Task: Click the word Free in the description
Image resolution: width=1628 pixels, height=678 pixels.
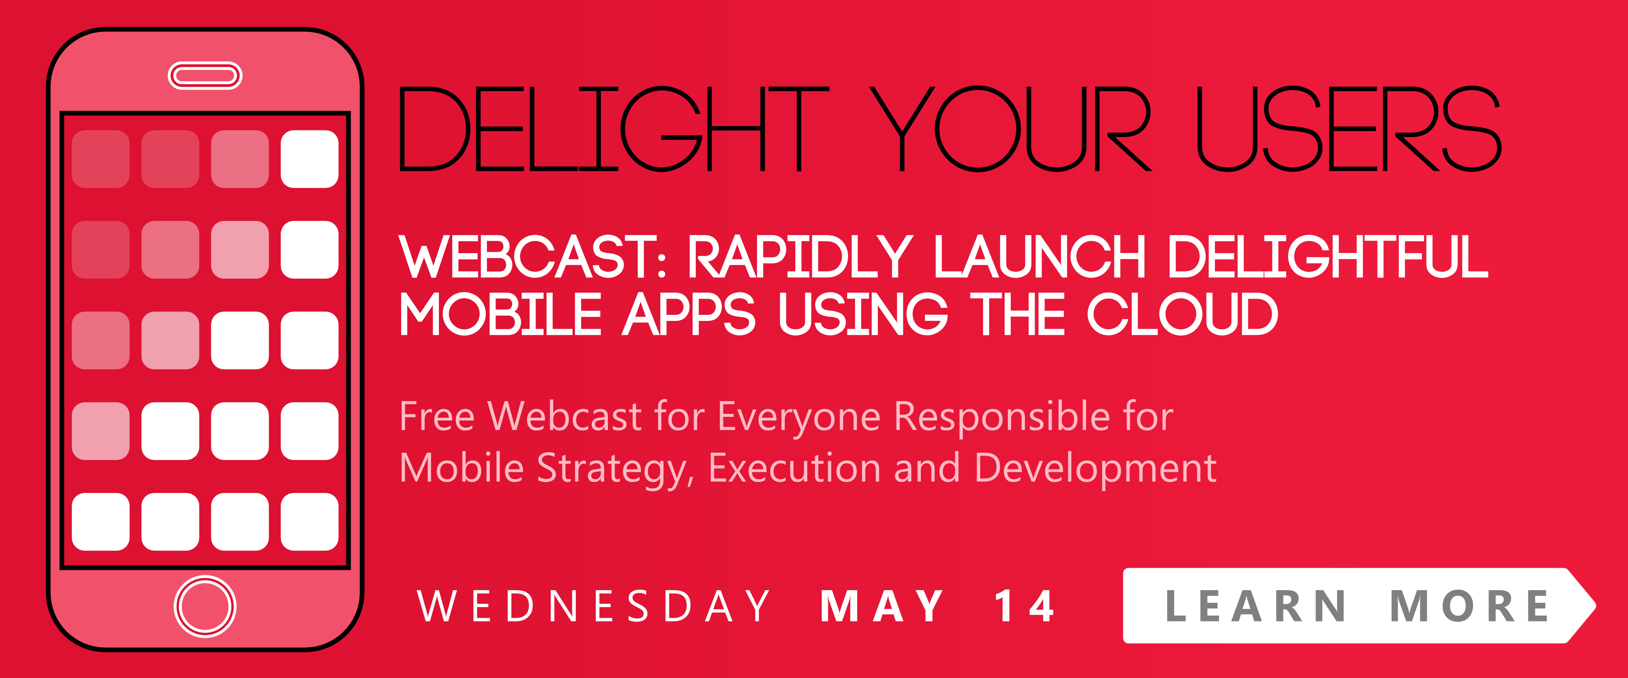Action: point(437,417)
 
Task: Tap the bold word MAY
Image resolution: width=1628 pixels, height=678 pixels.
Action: point(881,606)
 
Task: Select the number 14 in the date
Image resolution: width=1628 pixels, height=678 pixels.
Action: point(1024,606)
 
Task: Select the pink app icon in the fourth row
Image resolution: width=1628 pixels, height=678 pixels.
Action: point(100,431)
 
